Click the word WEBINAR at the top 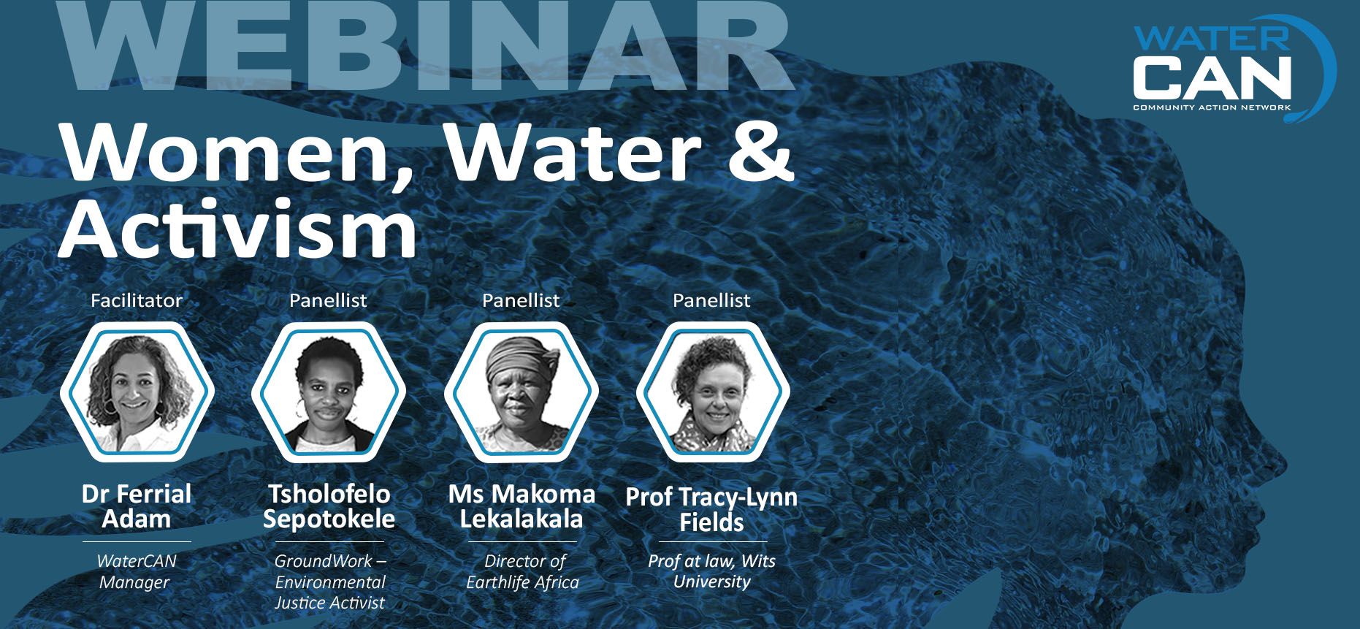(x=426, y=46)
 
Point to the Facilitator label (x=137, y=300)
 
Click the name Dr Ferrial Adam (x=137, y=506)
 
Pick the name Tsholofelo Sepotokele (x=329, y=506)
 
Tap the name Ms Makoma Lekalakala (x=522, y=506)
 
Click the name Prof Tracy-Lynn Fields (x=712, y=509)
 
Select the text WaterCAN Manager (x=137, y=572)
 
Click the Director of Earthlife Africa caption (x=523, y=572)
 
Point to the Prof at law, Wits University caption (x=712, y=571)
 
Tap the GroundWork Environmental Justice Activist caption (x=330, y=582)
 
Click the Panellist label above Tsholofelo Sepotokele (x=329, y=300)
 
